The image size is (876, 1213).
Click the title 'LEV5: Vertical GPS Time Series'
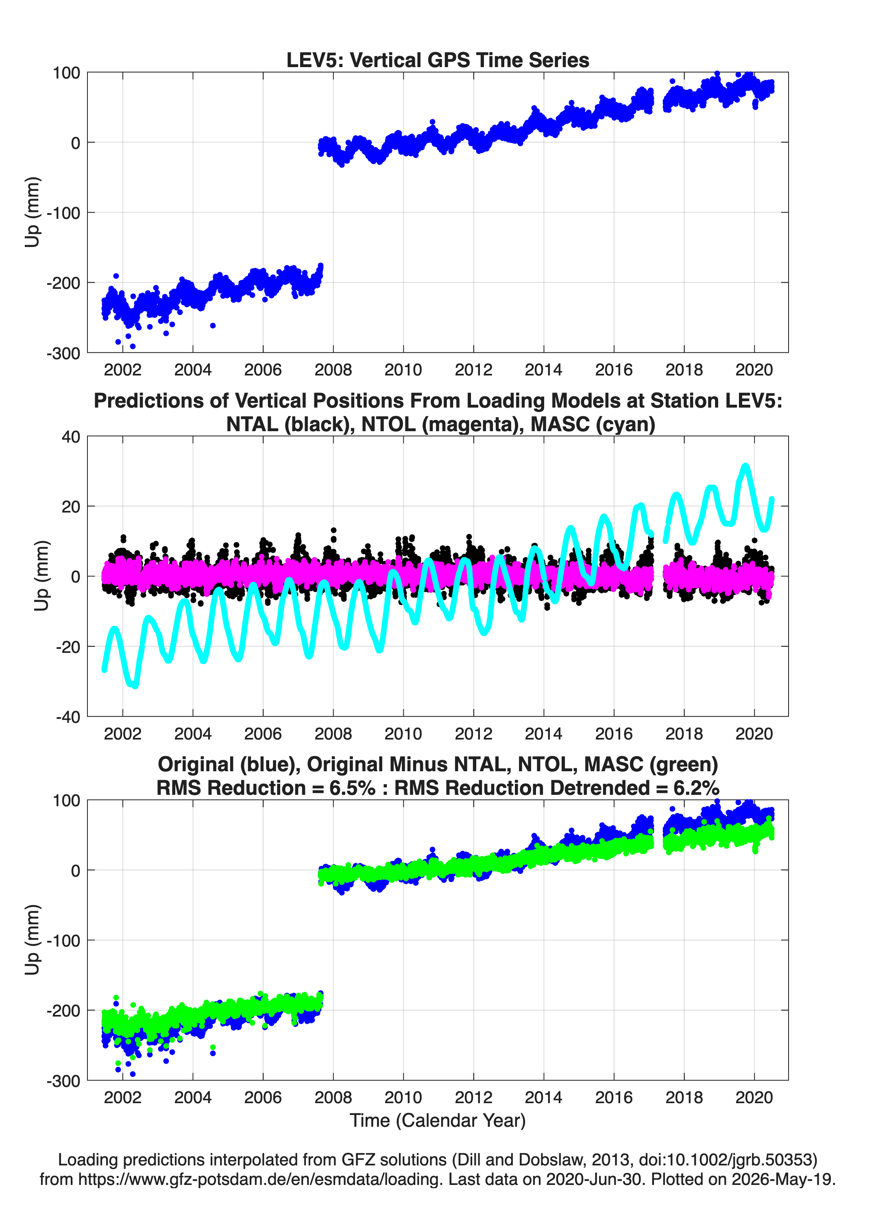pos(438,60)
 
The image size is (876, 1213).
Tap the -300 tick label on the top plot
pos(63,353)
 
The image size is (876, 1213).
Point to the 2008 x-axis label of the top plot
pos(333,370)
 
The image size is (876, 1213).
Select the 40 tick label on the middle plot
pos(71,436)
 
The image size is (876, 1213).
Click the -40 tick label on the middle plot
pos(68,717)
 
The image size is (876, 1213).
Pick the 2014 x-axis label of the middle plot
pos(543,734)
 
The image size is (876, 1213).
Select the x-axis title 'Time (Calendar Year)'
pos(438,1121)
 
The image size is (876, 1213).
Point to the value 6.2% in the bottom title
pos(696,788)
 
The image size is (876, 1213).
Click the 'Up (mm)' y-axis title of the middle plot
pos(41,576)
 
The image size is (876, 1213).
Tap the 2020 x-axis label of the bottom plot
pos(754,1097)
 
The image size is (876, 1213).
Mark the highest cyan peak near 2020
pos(745,467)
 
